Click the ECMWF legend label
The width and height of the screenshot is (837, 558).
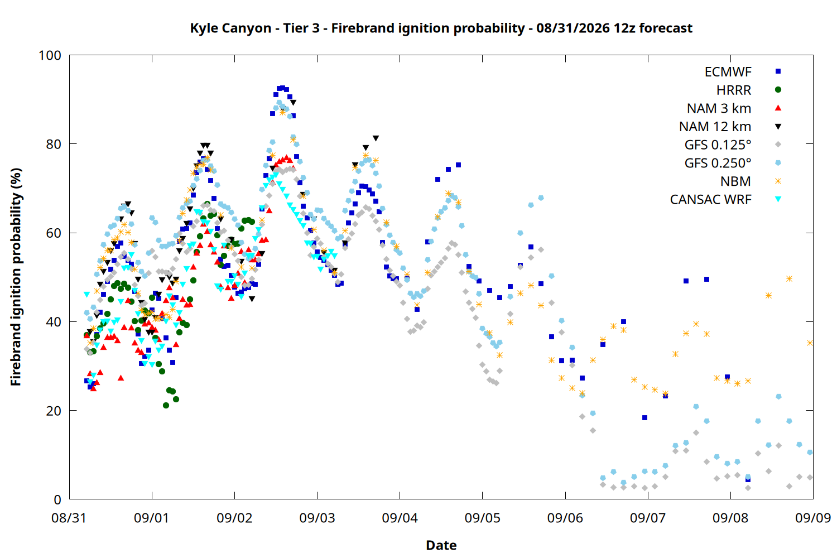(x=728, y=72)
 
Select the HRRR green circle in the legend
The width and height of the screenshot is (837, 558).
(x=778, y=90)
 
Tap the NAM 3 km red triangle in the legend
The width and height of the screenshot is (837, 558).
(x=778, y=108)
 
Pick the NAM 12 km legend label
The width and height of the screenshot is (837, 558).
(x=715, y=127)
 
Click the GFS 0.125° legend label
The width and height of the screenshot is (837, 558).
(x=718, y=145)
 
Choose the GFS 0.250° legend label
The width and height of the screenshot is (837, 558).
(x=718, y=163)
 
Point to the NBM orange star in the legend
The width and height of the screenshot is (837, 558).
(x=778, y=181)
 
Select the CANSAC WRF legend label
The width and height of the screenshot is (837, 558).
(x=711, y=200)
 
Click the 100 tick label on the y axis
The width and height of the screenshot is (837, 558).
(x=50, y=55)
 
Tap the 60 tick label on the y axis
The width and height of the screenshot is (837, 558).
(x=54, y=233)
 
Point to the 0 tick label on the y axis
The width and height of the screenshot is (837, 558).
(x=57, y=499)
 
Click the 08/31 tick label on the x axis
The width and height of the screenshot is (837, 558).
(x=69, y=518)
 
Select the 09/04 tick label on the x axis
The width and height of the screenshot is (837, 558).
(x=400, y=518)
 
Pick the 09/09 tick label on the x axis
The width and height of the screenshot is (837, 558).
(x=812, y=518)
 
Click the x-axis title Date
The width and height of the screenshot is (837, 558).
(x=441, y=545)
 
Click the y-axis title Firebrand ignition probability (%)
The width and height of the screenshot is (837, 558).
(x=16, y=277)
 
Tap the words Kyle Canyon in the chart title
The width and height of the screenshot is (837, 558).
(x=230, y=28)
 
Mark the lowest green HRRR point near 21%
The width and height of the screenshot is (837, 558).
(x=166, y=406)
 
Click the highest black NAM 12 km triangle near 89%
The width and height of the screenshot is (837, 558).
(x=294, y=103)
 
